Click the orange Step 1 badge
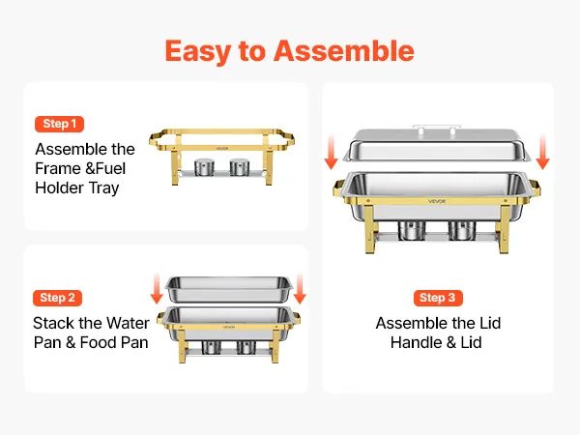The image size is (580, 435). (59, 124)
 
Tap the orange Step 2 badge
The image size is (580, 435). (57, 298)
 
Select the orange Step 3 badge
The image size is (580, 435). (438, 298)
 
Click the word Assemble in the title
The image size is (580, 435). (344, 51)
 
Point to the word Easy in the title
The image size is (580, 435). (197, 52)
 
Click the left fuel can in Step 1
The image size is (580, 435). (204, 167)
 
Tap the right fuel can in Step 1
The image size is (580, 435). (239, 167)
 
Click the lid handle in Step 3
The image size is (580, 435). (437, 129)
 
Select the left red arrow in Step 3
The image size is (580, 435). (331, 152)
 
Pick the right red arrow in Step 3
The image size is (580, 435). (542, 152)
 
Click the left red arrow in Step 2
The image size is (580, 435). (157, 289)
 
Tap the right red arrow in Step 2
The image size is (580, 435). (300, 289)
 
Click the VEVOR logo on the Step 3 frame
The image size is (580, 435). (437, 201)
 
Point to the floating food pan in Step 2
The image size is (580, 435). (228, 290)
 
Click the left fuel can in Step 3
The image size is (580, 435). (412, 230)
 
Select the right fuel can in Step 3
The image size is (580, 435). (462, 230)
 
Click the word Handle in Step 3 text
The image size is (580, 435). (416, 342)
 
